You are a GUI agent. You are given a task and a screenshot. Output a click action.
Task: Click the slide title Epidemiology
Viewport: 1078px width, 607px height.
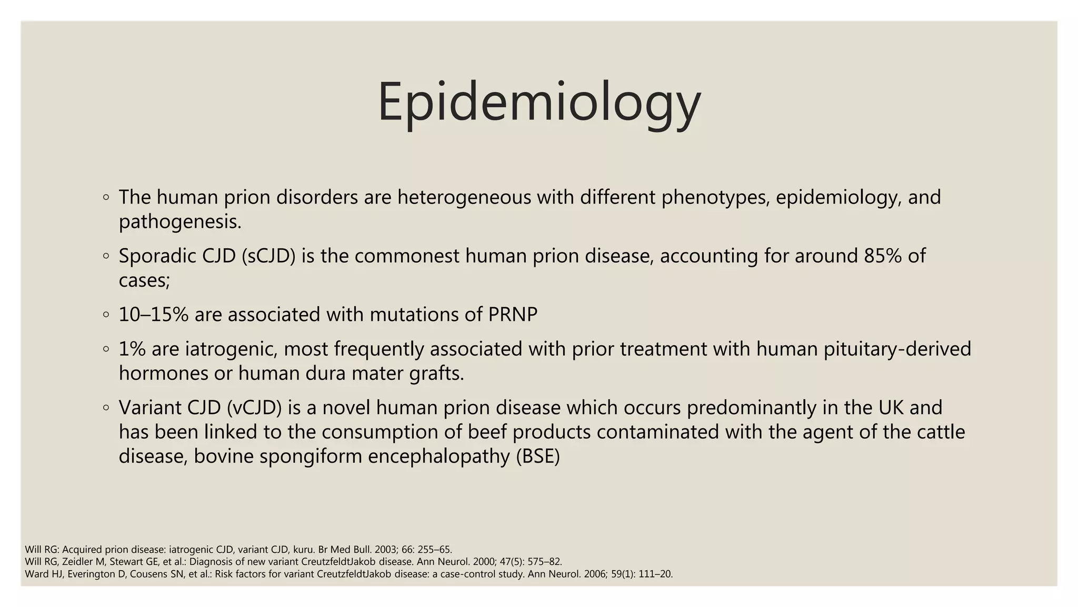[539, 102]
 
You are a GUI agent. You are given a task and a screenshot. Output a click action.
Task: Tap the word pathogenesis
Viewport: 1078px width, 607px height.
[180, 222]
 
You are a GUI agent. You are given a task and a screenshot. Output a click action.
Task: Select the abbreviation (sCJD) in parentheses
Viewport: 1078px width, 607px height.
[268, 256]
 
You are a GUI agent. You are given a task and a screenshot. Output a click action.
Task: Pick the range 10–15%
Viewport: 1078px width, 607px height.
[153, 315]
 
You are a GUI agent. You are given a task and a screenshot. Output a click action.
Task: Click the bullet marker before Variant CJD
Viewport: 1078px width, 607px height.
[106, 407]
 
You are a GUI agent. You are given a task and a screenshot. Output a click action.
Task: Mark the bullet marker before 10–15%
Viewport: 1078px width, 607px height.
[106, 315]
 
